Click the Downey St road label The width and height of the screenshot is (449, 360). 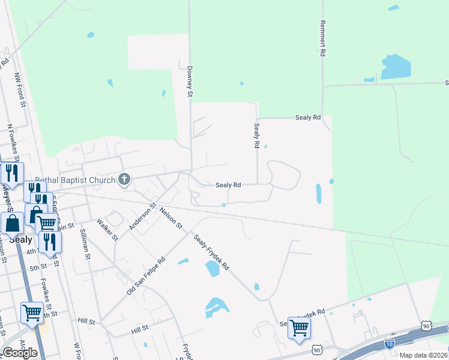[190, 81]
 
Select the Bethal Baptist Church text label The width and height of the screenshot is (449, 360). [74, 179]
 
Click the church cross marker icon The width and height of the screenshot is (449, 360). [124, 179]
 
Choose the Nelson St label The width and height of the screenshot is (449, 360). [170, 218]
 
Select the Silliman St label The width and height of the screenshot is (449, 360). [88, 247]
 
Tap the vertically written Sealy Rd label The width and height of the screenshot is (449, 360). [256, 136]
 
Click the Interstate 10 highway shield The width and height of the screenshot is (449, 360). [388, 343]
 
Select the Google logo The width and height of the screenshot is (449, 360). [20, 353]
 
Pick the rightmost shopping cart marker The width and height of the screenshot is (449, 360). [298, 328]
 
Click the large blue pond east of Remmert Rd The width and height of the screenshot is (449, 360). [396, 67]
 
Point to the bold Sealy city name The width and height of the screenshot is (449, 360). [20, 239]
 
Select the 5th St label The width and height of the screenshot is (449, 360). [38, 267]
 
